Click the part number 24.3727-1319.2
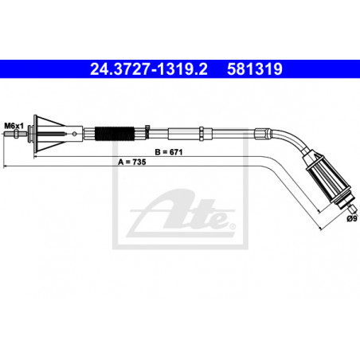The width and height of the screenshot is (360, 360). point(149,69)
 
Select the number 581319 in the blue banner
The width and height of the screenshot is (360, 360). point(255,69)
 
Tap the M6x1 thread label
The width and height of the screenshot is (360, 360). point(14,126)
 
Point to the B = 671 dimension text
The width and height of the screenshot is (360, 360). point(169,152)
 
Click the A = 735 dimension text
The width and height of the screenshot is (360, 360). point(132,162)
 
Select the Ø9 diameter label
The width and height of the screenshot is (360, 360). point(351,219)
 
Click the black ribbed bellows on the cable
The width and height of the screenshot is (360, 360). point(114,134)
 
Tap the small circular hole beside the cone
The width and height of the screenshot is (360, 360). point(75,134)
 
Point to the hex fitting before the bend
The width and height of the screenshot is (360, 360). point(262,134)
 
